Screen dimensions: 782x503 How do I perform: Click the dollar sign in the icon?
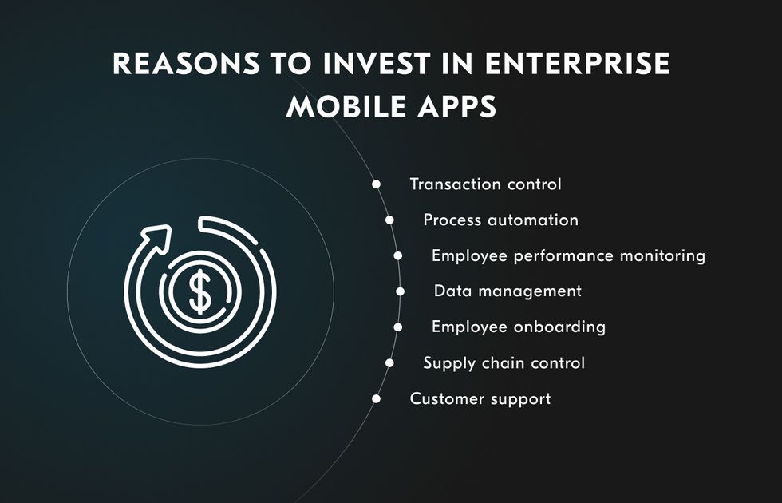click(200, 292)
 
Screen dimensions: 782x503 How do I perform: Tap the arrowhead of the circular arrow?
click(158, 238)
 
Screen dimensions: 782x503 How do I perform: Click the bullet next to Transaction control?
click(376, 184)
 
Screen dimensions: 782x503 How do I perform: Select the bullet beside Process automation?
click(389, 220)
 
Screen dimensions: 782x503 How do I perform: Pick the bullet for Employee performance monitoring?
click(397, 256)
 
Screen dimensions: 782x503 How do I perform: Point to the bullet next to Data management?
click(400, 291)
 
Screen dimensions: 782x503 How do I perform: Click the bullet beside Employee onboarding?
click(397, 327)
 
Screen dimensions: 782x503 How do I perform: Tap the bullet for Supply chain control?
click(389, 363)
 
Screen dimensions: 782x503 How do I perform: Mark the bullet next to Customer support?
click(376, 398)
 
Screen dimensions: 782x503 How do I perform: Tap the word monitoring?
click(663, 256)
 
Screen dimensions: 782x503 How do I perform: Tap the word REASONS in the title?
click(186, 63)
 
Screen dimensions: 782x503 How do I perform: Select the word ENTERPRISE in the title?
click(578, 63)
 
